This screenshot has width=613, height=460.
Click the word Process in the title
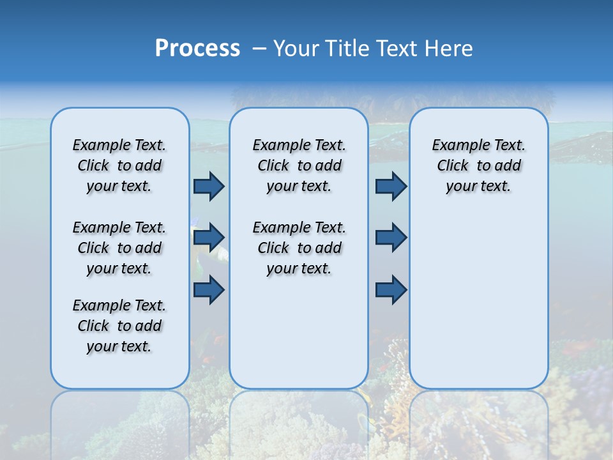click(197, 49)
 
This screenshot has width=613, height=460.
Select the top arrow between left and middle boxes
click(209, 186)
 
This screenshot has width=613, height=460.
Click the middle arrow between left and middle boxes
click(209, 238)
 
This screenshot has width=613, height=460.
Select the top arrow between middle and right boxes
click(391, 186)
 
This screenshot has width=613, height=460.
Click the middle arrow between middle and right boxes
click(391, 238)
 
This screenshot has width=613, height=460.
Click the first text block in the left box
click(119, 165)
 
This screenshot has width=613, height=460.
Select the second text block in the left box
click(119, 248)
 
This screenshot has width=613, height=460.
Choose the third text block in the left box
click(119, 326)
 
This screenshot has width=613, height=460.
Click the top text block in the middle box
click(299, 165)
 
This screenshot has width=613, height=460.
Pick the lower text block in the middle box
click(299, 248)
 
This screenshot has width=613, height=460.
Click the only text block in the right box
click(478, 165)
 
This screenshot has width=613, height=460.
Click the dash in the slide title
click(259, 49)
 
